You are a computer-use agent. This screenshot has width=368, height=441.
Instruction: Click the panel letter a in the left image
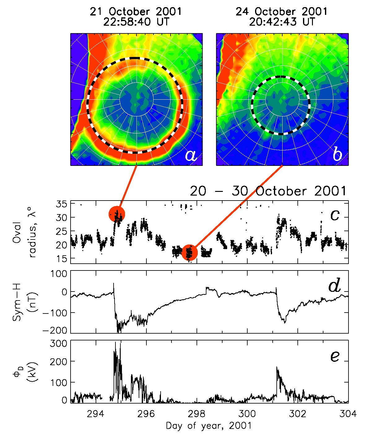pyautogui.click(x=191, y=155)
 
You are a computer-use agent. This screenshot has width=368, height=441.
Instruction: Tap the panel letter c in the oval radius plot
pyautogui.click(x=335, y=215)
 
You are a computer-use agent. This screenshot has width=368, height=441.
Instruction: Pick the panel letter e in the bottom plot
pyautogui.click(x=335, y=356)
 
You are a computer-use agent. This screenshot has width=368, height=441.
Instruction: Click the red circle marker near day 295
pyautogui.click(x=117, y=214)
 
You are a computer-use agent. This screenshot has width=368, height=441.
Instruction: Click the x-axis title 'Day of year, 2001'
pyautogui.click(x=209, y=426)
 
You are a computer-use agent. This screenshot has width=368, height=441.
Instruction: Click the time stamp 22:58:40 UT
pyautogui.click(x=136, y=22)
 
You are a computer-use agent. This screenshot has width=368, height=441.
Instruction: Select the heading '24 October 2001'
pyautogui.click(x=281, y=12)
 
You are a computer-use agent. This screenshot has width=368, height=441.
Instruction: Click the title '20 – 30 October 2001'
pyautogui.click(x=268, y=191)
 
